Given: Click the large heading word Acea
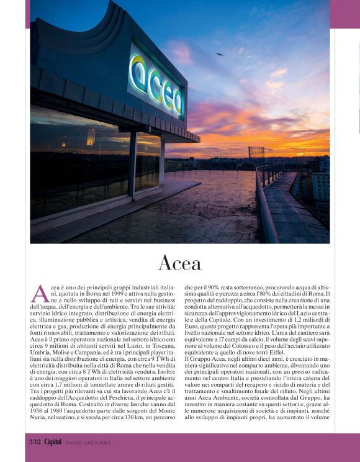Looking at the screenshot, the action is (180, 263).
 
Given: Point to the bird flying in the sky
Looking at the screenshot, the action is (219, 55).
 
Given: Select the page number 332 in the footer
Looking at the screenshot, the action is (34, 442).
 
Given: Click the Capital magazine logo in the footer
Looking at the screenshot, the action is (53, 442).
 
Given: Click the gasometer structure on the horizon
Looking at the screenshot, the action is (256, 152).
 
